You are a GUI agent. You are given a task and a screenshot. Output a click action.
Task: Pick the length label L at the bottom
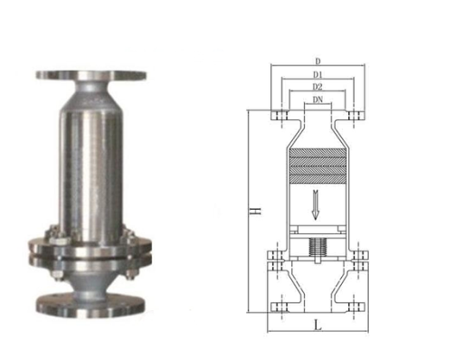(x=317, y=323)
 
